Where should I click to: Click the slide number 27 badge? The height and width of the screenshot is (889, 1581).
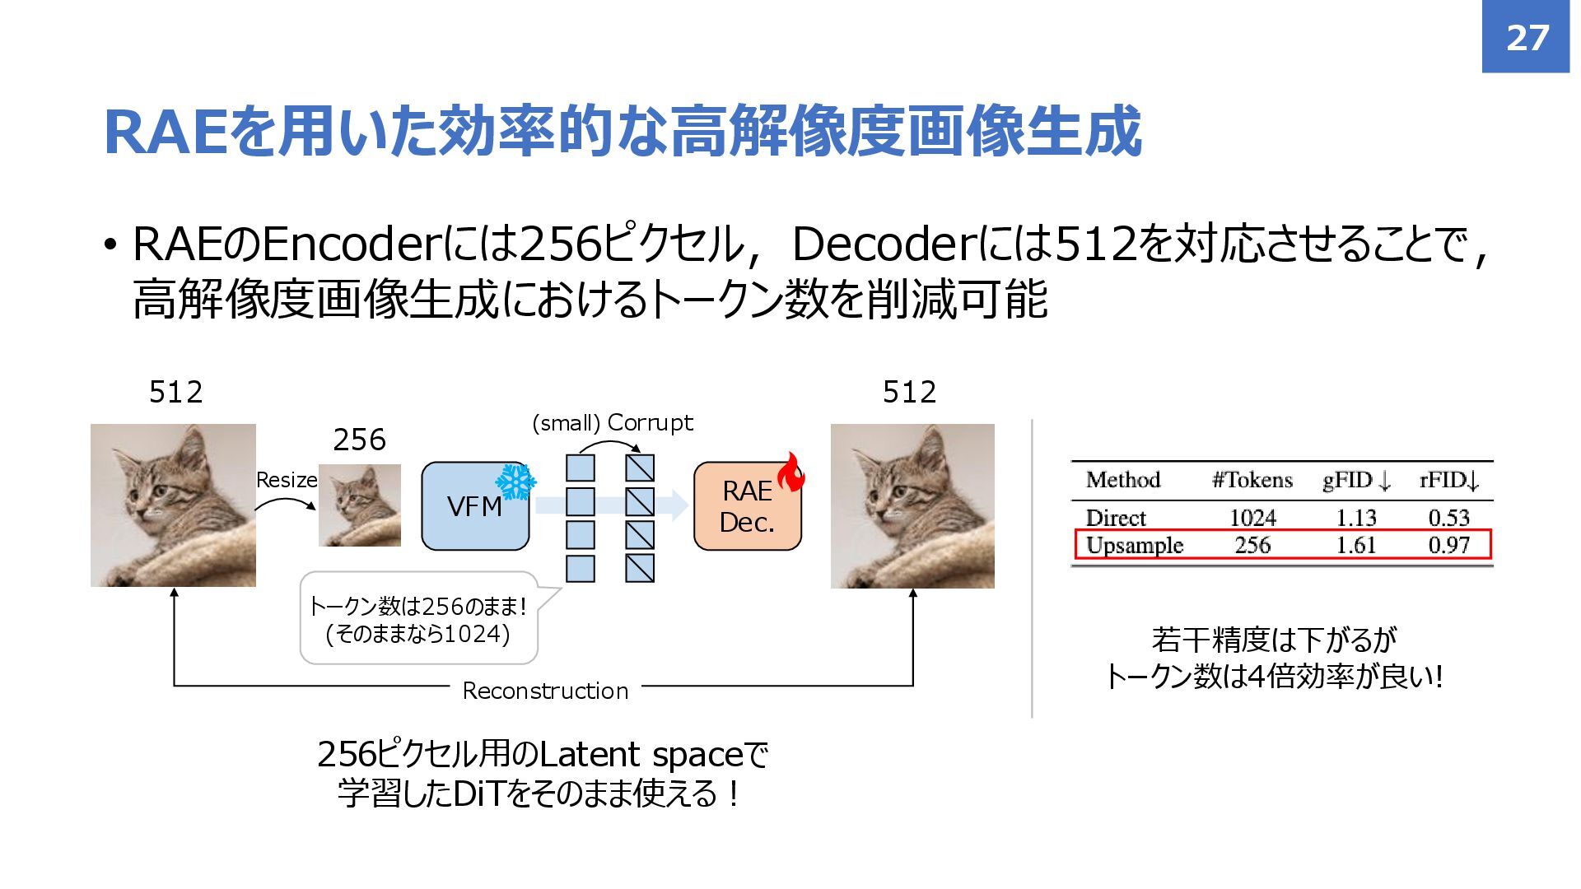coord(1526,37)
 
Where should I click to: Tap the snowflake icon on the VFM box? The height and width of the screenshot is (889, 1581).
coord(515,482)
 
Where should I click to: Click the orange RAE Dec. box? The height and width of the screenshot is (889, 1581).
coord(746,507)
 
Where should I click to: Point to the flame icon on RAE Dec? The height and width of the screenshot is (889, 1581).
coord(791,472)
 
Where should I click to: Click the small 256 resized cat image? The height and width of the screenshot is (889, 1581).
coord(360,505)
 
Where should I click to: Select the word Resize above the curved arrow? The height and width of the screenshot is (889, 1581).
coord(287,480)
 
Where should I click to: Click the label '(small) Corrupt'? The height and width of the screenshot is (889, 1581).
coord(613,423)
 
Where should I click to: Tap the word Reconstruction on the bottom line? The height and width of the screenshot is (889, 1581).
coord(545,691)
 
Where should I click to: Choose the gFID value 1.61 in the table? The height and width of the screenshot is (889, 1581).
coord(1355,545)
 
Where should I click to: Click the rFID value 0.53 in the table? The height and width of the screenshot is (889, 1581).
coord(1448,518)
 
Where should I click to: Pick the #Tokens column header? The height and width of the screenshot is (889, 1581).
coord(1252,480)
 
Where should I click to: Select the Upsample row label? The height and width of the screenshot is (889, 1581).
coord(1134,545)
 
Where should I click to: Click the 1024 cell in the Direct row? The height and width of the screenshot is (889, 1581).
coord(1252,518)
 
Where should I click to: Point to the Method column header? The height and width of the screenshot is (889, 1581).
coord(1122,480)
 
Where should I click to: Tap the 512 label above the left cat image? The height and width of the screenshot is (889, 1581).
coord(175,392)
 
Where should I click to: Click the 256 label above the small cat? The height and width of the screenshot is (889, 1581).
coord(359,440)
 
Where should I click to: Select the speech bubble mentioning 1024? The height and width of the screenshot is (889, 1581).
coord(418,619)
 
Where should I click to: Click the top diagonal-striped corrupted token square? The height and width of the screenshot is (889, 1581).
coord(639,468)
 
